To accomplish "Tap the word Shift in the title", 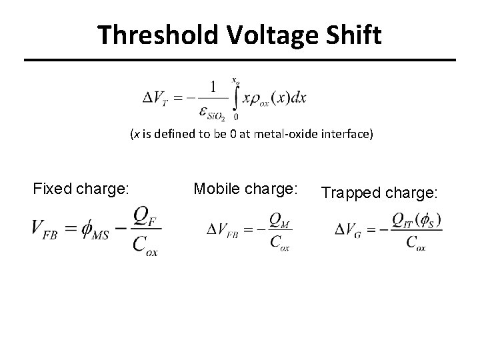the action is (352, 35).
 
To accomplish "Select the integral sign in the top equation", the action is (235, 97).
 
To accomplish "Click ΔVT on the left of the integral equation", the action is (159, 98).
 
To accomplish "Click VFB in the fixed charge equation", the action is (46, 229).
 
